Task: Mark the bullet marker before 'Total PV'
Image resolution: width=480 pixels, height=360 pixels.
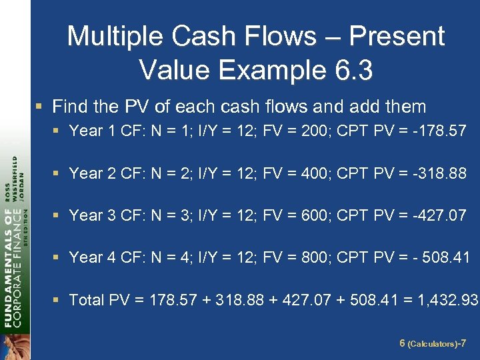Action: click(59, 300)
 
